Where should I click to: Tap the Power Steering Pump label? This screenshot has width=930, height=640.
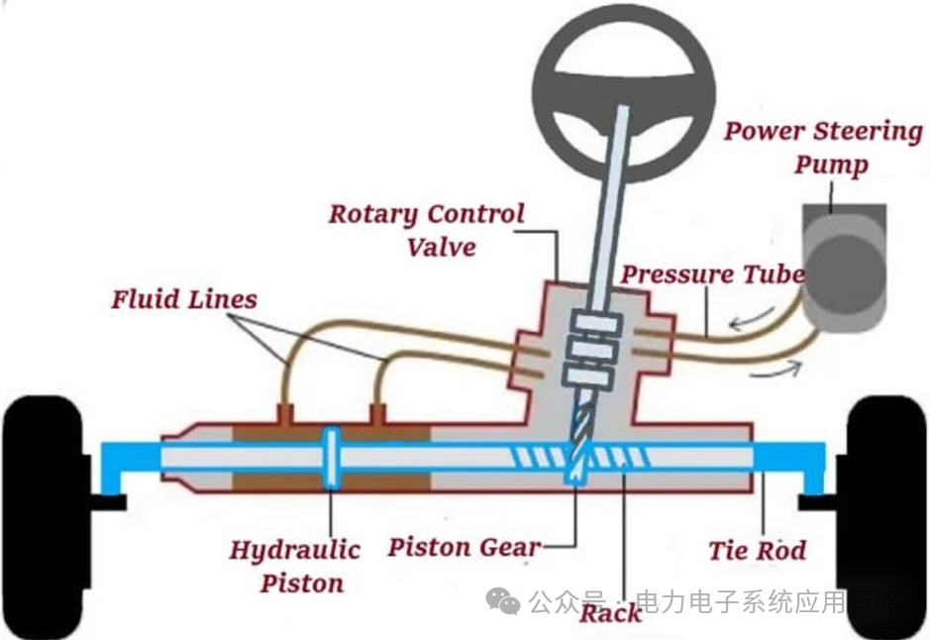[822, 147]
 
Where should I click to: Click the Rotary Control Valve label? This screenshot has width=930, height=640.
[427, 229]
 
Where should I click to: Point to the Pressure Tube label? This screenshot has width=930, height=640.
[712, 274]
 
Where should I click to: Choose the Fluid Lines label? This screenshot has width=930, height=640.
[184, 298]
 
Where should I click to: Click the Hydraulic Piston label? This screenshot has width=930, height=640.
[295, 566]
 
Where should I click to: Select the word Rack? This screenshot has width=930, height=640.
[610, 612]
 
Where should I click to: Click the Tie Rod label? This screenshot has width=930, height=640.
[758, 550]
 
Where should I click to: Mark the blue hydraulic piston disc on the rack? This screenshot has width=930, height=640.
[331, 457]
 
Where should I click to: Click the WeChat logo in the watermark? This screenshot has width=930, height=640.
[503, 599]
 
